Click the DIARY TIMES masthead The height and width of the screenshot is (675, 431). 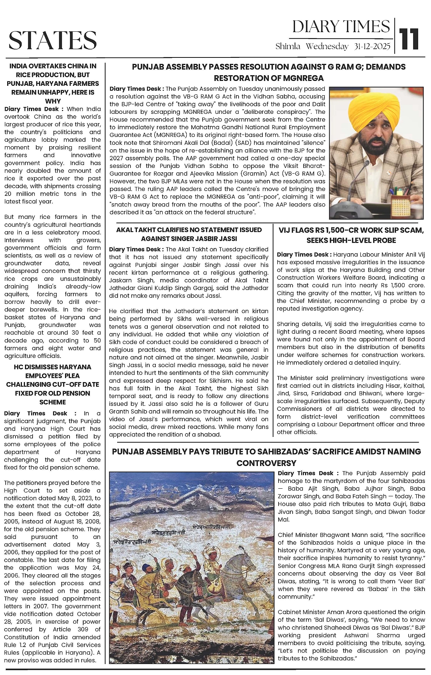(x=341, y=27)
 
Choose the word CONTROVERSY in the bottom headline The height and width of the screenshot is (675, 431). (x=266, y=463)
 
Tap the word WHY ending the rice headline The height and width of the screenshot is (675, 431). (x=53, y=101)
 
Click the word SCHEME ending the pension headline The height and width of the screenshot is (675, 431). (x=53, y=402)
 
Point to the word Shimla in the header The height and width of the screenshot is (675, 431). (x=288, y=46)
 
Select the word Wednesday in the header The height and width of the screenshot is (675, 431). (x=327, y=46)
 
